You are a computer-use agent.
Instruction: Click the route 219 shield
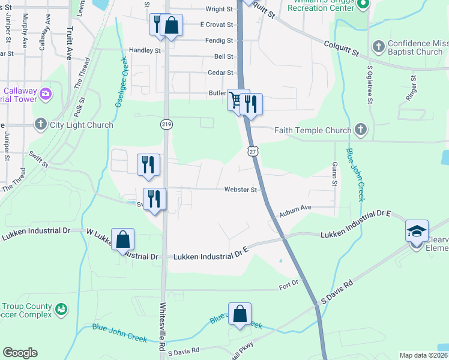pyautogui.click(x=166, y=124)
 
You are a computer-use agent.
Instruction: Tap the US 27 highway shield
pyautogui.click(x=253, y=152)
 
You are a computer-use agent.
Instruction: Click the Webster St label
pyautogui.click(x=241, y=190)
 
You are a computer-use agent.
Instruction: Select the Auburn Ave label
pyautogui.click(x=294, y=208)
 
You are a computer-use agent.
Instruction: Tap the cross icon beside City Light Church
pyautogui.click(x=41, y=125)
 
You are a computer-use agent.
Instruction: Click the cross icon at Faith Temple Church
pyautogui.click(x=360, y=130)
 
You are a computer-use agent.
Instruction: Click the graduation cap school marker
pyautogui.click(x=416, y=231)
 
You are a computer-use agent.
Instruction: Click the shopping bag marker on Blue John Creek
pyautogui.click(x=240, y=313)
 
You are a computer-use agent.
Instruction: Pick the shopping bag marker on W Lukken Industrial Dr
pyautogui.click(x=122, y=240)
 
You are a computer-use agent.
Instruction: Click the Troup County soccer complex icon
pyautogui.click(x=61, y=310)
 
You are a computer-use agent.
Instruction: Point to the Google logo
pyautogui.click(x=20, y=353)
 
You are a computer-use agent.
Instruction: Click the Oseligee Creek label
pyautogui.click(x=119, y=82)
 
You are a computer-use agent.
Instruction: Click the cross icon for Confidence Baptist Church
pyautogui.click(x=379, y=47)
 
